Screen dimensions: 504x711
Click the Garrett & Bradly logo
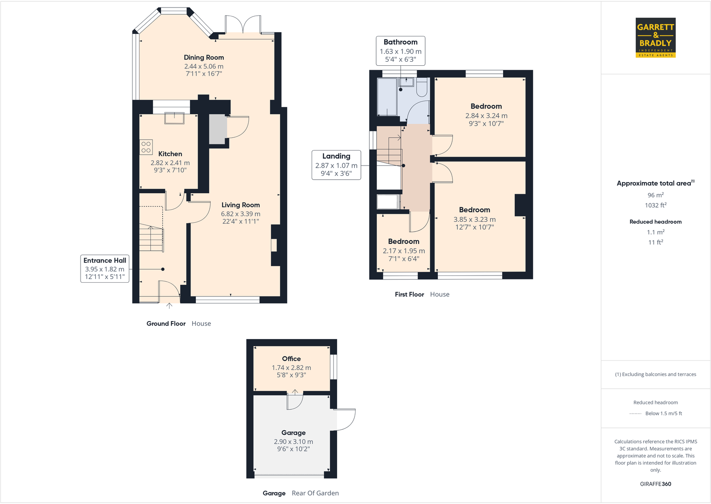point(656,38)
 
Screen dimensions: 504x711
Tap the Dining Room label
point(204,57)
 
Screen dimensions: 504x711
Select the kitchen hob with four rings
point(146,147)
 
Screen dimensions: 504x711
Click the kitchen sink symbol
point(174,118)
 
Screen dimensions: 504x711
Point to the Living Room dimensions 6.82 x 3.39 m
point(241,214)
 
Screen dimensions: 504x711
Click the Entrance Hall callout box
point(105,268)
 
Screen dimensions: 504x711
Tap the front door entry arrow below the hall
point(169,306)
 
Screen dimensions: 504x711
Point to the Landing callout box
point(336,165)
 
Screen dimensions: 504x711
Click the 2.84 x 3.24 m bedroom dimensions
point(486,115)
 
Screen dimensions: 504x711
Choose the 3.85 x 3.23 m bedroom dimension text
point(474,219)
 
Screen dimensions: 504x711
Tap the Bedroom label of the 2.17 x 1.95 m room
point(403,241)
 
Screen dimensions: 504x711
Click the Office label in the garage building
point(291,359)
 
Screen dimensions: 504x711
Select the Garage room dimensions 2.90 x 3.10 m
point(293,441)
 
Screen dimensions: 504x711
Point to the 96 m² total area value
point(656,195)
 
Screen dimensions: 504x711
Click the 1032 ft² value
point(656,205)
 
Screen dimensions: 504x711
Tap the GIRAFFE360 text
point(656,484)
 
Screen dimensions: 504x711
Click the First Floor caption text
point(409,294)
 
